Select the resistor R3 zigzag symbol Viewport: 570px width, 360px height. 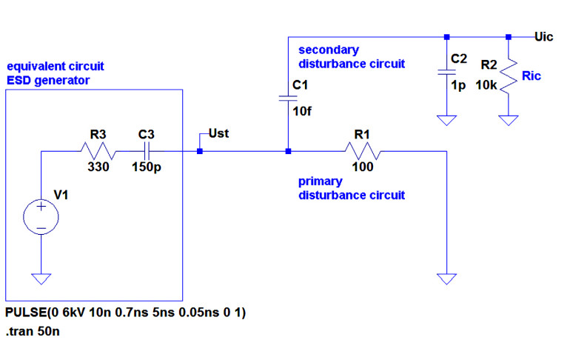[98, 152]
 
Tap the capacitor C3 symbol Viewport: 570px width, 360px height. [146, 152]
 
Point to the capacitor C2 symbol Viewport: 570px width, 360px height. [446, 72]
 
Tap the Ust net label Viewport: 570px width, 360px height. [219, 134]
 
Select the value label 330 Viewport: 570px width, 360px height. [98, 167]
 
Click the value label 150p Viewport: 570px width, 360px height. [147, 167]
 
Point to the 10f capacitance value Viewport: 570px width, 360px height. [301, 112]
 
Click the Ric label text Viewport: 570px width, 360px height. [532, 76]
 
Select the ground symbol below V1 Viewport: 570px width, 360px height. [41, 279]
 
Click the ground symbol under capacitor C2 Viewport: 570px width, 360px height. [446, 119]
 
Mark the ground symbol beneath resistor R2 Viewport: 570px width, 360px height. [509, 119]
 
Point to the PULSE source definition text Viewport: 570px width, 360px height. [125, 313]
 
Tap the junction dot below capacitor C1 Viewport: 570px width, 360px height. [288, 152]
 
